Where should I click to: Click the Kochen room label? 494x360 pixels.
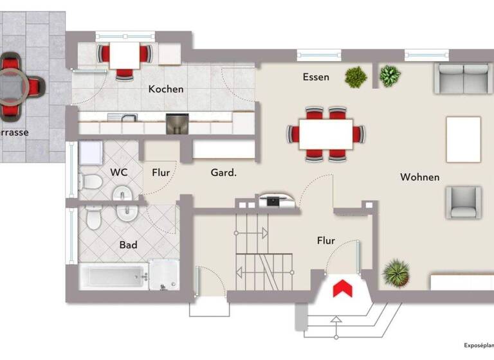pyautogui.click(x=166, y=89)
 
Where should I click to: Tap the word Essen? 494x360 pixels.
pyautogui.click(x=316, y=77)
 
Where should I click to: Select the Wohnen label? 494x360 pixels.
pyautogui.click(x=419, y=177)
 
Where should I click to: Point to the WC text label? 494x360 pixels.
pyautogui.click(x=119, y=172)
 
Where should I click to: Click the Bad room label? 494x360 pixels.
pyautogui.click(x=128, y=245)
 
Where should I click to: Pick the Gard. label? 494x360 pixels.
pyautogui.click(x=224, y=172)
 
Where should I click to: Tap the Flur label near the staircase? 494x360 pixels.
pyautogui.click(x=326, y=241)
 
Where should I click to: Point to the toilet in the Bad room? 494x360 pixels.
pyautogui.click(x=95, y=219)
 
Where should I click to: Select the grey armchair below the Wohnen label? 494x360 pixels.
pyautogui.click(x=464, y=203)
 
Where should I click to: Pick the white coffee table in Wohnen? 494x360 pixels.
pyautogui.click(x=464, y=139)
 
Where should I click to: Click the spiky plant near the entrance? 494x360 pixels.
pyautogui.click(x=396, y=273)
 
